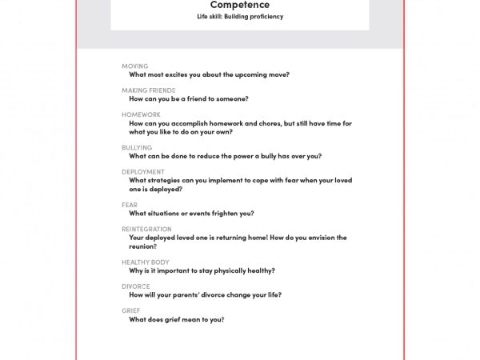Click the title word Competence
[240, 5]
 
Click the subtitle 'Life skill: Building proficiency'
[240, 16]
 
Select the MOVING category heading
[135, 66]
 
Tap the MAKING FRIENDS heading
[149, 90]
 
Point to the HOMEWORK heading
[141, 115]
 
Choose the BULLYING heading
[137, 148]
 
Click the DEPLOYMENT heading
[143, 172]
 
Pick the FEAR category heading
[130, 206]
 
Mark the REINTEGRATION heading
[146, 230]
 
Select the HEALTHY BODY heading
[146, 262]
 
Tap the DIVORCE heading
[136, 286]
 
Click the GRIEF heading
[131, 311]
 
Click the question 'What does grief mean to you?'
[177, 320]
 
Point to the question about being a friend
[189, 99]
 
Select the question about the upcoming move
[210, 75]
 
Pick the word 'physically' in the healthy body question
[229, 271]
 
